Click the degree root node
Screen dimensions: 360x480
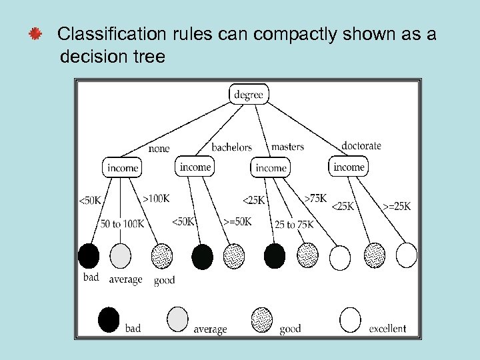[249, 95]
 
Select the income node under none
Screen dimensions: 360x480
[122, 167]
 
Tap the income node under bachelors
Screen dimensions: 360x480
[195, 167]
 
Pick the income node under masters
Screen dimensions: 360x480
[271, 167]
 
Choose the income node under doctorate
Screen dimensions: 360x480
[349, 167]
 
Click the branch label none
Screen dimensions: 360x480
[159, 148]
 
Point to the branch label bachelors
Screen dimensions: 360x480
[231, 147]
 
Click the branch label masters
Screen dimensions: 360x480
[287, 147]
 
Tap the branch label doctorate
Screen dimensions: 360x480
[361, 145]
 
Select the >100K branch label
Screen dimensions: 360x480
[156, 198]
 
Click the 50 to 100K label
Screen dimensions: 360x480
[122, 223]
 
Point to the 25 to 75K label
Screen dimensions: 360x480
[293, 225]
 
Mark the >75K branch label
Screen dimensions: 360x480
[315, 198]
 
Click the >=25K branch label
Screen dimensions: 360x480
[397, 206]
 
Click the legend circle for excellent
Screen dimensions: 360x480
[351, 319]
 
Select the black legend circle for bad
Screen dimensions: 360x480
[109, 319]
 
